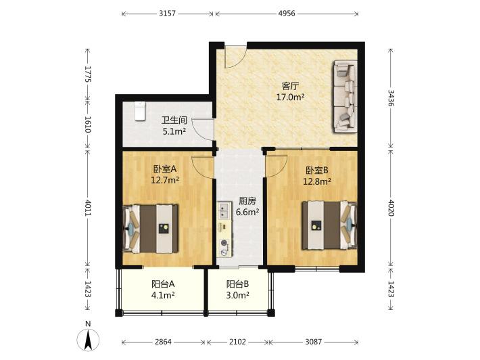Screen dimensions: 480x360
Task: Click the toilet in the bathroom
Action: (x=139, y=111)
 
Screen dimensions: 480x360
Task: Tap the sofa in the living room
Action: (x=345, y=97)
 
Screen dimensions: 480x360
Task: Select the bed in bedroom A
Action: (x=150, y=229)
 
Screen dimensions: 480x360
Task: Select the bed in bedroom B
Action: (x=329, y=225)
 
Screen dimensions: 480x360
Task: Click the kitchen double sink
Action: (x=224, y=210)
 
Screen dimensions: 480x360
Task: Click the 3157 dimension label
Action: (x=168, y=14)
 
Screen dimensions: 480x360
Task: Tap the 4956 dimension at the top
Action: (x=287, y=14)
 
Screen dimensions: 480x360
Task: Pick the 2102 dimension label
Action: (x=237, y=342)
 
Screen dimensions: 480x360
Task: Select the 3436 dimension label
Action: (x=391, y=98)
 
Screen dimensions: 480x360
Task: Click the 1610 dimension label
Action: (x=88, y=124)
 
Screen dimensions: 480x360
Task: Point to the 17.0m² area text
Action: (x=290, y=97)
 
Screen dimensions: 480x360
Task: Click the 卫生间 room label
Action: (x=174, y=120)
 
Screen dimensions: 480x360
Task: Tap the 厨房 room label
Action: (x=247, y=201)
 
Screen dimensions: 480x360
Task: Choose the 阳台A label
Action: (x=163, y=284)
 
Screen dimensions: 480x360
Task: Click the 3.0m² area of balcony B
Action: (x=237, y=295)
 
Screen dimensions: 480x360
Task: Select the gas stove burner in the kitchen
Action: (x=224, y=243)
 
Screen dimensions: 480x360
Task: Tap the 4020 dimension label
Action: (x=391, y=208)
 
